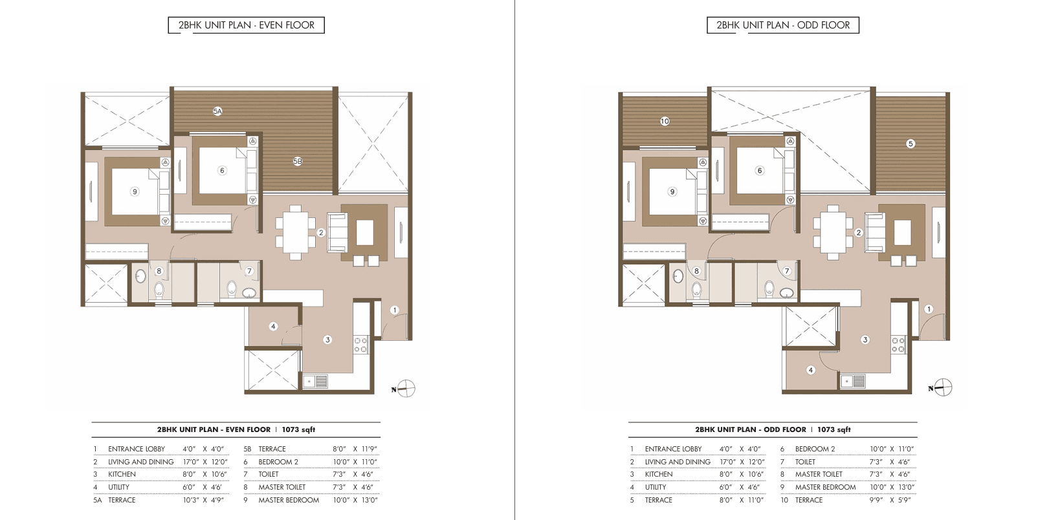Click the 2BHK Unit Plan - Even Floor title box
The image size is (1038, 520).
tap(246, 25)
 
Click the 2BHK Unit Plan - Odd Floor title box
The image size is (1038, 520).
tap(782, 25)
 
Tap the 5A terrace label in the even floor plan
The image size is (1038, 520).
tap(217, 111)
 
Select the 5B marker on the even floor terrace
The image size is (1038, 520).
tap(298, 161)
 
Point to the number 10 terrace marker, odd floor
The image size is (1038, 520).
tap(665, 122)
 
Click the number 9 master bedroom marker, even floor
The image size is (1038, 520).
tap(135, 191)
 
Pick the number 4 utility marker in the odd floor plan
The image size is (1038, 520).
tap(810, 370)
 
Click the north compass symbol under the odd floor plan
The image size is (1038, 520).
tap(941, 388)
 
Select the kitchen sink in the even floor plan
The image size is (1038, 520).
tap(316, 382)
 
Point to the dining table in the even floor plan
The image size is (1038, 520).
tap(296, 232)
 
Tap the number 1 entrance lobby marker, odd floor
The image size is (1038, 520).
tap(928, 309)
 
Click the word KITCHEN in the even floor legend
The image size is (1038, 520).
tap(122, 474)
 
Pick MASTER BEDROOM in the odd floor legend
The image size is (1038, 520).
tap(826, 487)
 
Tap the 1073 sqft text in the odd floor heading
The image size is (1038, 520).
tap(834, 429)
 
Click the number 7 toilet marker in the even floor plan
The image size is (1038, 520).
tap(249, 271)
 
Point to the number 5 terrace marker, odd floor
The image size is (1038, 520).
tap(910, 144)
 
